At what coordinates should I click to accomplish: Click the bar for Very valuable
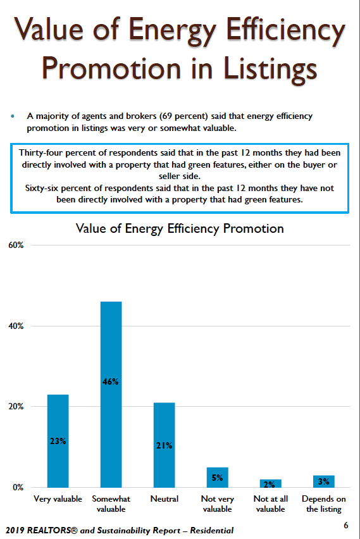click(58, 441)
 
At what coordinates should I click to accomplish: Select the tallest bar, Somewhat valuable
click(111, 394)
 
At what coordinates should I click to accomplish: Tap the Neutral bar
click(164, 445)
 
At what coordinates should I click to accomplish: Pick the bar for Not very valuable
click(217, 477)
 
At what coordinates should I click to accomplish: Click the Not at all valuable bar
click(271, 483)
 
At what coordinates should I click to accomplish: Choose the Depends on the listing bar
click(323, 481)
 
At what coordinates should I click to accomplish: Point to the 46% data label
click(111, 381)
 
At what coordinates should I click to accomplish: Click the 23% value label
click(58, 441)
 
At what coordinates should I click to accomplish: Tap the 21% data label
click(164, 445)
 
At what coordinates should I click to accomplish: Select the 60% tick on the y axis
click(16, 245)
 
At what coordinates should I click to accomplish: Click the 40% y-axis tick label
click(16, 326)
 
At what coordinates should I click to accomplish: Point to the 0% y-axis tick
click(18, 487)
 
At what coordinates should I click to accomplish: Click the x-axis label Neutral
click(164, 499)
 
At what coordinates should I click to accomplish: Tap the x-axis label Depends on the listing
click(323, 504)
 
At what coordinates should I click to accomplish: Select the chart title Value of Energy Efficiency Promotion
click(180, 229)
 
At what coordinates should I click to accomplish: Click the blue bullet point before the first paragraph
click(13, 116)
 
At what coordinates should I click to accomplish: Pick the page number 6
click(346, 525)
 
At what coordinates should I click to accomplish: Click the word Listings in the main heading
click(270, 70)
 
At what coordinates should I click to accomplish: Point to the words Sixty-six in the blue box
click(42, 189)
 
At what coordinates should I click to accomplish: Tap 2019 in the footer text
click(15, 530)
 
